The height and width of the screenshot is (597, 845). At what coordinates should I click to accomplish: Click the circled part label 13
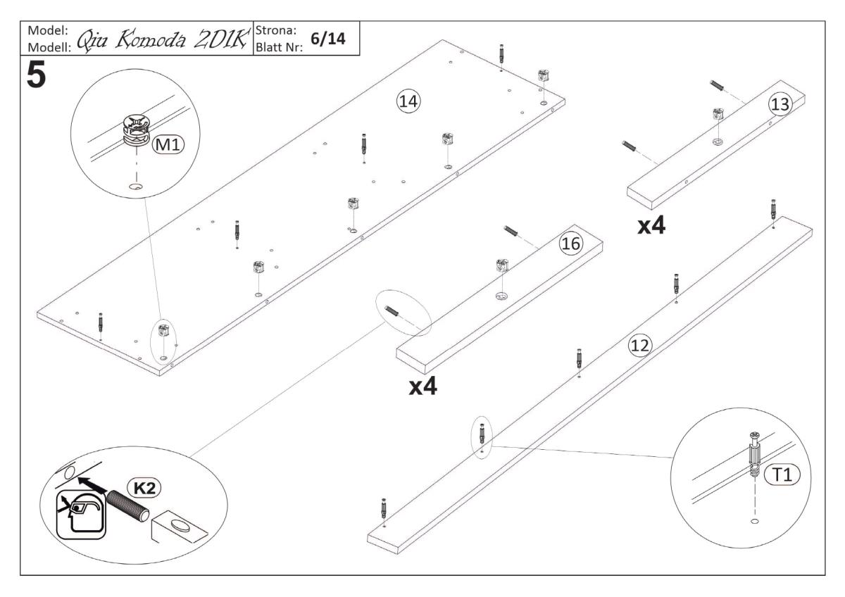pos(780,103)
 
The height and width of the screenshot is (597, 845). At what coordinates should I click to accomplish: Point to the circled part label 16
pos(569,244)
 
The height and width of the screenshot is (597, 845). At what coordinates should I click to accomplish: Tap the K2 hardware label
pos(139,486)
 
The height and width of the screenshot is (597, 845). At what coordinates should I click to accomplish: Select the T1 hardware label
pos(782,475)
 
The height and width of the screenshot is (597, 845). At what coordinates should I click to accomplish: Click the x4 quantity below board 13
pos(651,226)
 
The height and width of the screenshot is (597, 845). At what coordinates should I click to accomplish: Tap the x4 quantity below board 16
pos(423,387)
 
